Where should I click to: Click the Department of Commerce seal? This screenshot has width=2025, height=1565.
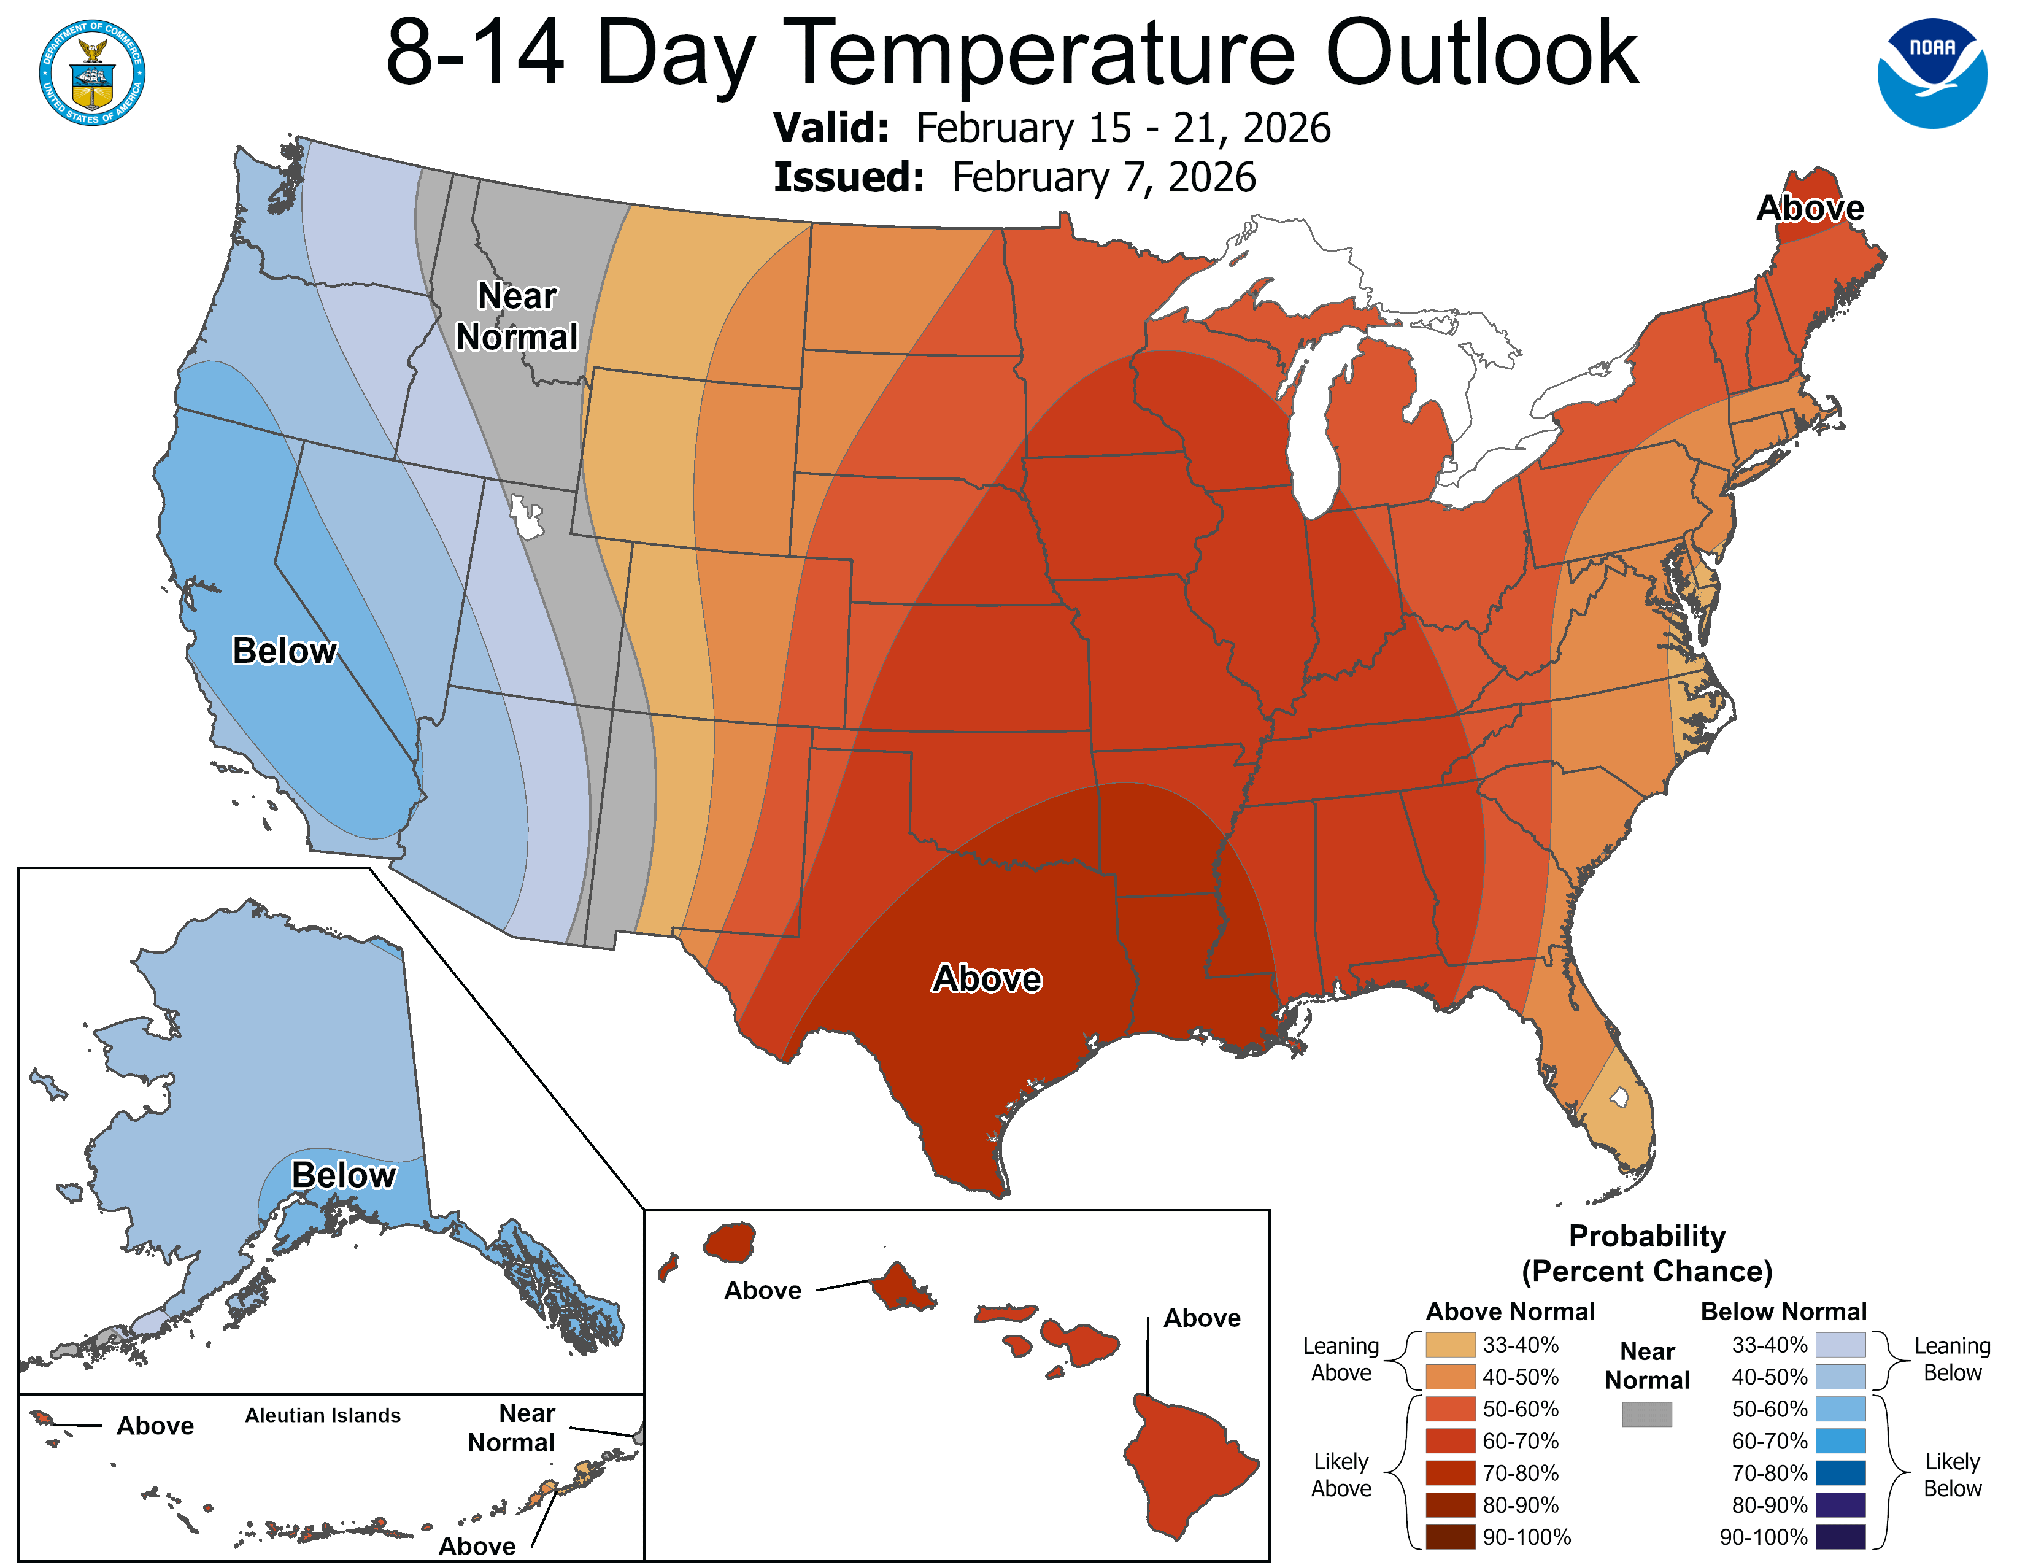pos(92,72)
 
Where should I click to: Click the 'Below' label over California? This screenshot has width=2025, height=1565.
pos(283,651)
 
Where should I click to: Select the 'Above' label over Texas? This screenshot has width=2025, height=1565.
pos(987,979)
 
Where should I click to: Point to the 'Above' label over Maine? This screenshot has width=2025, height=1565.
pos(1810,207)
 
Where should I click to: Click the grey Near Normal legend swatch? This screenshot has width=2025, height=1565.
pos(1647,1414)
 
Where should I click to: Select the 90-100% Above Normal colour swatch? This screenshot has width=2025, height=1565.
pos(1450,1537)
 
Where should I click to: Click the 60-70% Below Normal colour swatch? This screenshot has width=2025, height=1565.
pos(1840,1442)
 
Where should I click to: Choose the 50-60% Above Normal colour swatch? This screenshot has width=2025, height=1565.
pos(1450,1409)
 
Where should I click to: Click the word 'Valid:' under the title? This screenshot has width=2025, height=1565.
pos(831,128)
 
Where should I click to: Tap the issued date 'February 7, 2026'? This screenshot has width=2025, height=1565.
pos(1103,177)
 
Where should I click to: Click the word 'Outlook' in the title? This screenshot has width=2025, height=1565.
pos(1482,54)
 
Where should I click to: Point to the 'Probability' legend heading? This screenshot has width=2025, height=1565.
pos(1647,1236)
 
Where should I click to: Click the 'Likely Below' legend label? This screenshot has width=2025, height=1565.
pos(1952,1474)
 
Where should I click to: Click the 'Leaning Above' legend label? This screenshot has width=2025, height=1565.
pos(1341,1359)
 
